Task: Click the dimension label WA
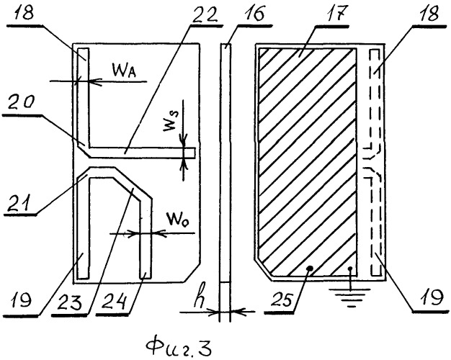tap(124, 71)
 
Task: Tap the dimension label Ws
tap(170, 121)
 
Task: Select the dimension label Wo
tap(179, 220)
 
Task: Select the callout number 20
tap(22, 103)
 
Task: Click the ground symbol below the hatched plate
tap(350, 297)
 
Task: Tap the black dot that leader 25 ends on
tap(310, 269)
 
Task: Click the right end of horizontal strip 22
tap(195, 153)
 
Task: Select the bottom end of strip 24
tap(146, 279)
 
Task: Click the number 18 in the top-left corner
tap(24, 13)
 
